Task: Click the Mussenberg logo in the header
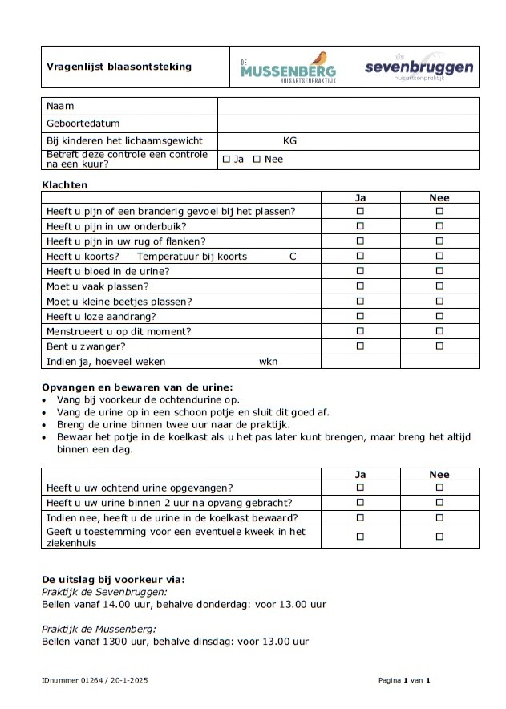pos(289,67)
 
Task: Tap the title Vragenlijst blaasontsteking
pos(119,67)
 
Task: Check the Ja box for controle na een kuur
pos(226,159)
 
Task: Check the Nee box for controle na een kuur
pos(257,159)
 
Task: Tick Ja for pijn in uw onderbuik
pos(360,226)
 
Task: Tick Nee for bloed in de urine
pos(439,271)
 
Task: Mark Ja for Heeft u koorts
pos(360,256)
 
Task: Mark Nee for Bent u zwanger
pos(439,346)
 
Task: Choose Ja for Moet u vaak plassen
pos(360,286)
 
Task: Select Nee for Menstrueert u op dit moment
pos(439,330)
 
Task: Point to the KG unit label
pos(289,140)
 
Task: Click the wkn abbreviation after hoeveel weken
pos(268,362)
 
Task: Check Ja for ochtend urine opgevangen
pos(360,487)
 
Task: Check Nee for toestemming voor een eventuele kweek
pos(439,537)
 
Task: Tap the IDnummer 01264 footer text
pos(95,680)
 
